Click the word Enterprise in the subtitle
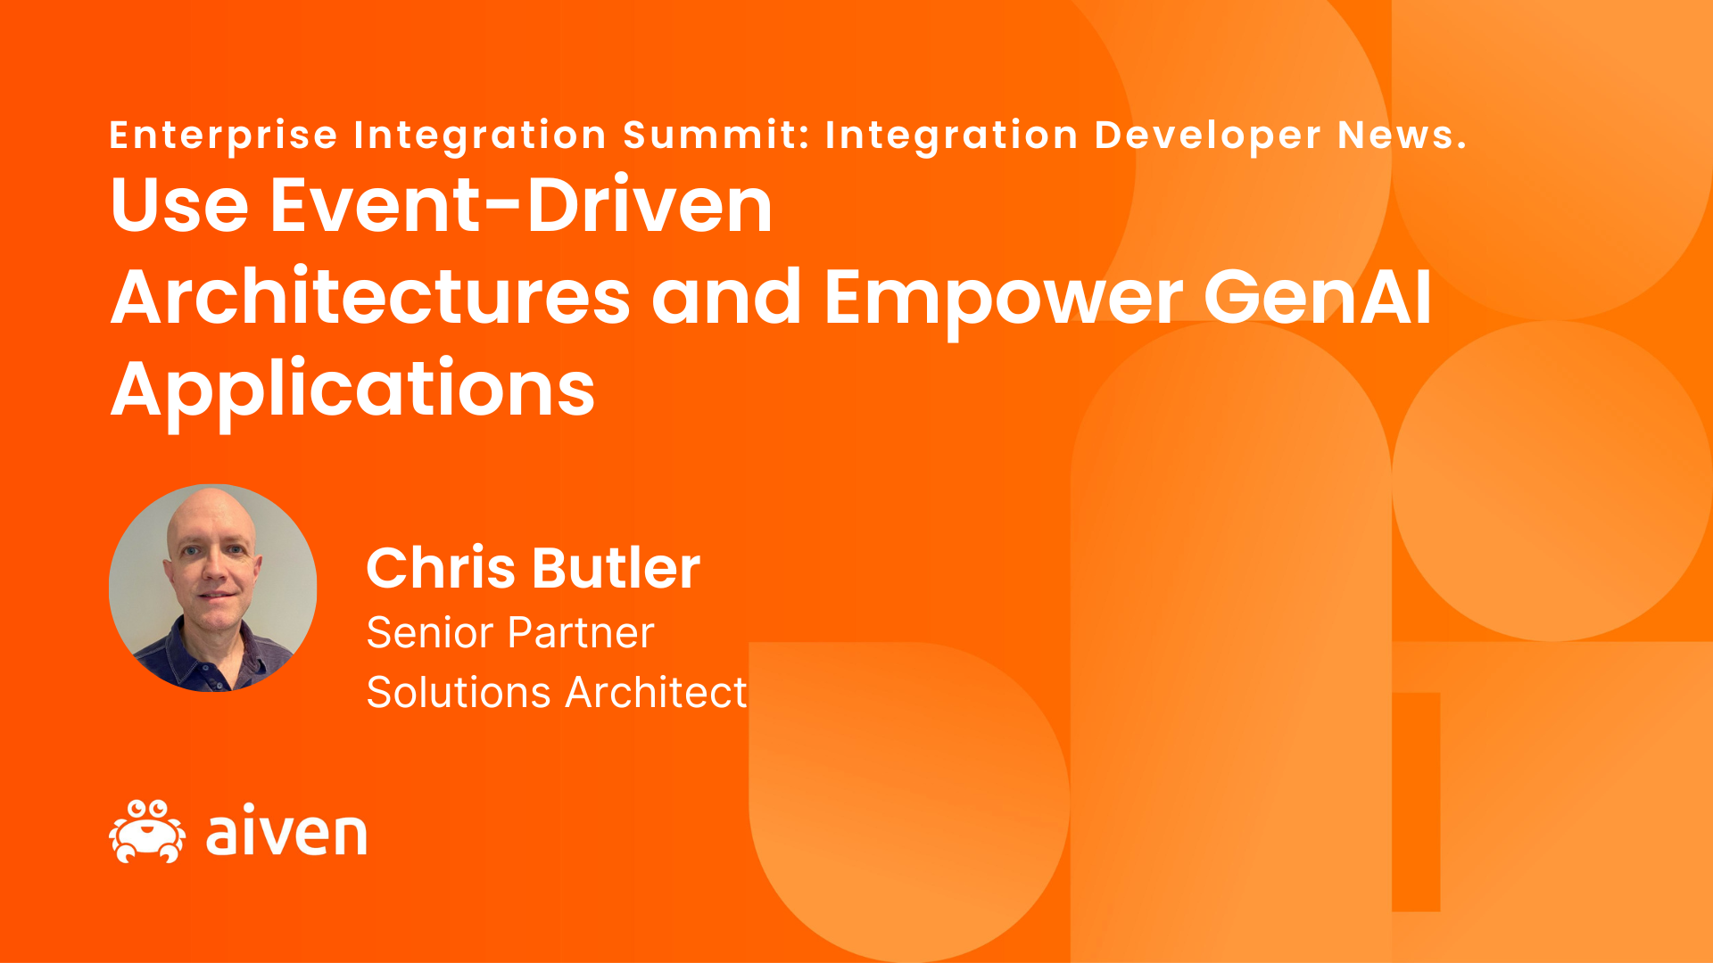[x=223, y=136]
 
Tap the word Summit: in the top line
[x=716, y=135]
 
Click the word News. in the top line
[x=1402, y=135]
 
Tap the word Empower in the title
[x=1004, y=299]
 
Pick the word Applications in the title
[x=352, y=390]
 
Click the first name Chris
[x=441, y=568]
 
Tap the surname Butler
[x=617, y=568]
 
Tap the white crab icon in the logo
[x=147, y=832]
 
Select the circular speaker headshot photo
[x=212, y=588]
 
